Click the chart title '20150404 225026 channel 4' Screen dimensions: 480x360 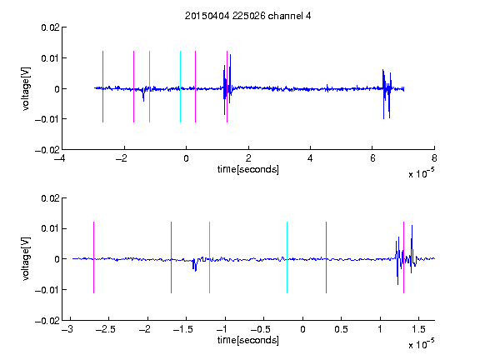(248, 16)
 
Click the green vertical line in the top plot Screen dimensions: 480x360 (149, 87)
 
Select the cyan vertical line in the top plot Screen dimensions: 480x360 (180, 87)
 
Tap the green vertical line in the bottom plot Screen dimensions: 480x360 (209, 257)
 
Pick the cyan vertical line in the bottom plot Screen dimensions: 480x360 (287, 257)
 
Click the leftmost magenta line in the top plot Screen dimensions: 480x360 (102, 87)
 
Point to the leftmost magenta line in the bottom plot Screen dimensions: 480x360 (93, 257)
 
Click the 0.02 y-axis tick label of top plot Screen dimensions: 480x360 (50, 27)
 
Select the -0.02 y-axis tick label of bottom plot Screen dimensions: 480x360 (47, 321)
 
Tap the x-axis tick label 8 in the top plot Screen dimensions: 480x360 (434, 158)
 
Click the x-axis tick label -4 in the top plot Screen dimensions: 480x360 (60, 158)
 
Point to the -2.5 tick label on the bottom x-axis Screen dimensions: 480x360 (105, 329)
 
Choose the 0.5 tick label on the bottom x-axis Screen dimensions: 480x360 (341, 329)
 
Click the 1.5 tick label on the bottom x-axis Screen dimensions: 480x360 (418, 329)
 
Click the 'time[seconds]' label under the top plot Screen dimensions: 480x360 (248, 169)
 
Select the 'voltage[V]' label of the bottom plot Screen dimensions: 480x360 (26, 258)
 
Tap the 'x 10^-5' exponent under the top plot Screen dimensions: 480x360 (421, 173)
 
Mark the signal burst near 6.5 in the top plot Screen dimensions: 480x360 (387, 94)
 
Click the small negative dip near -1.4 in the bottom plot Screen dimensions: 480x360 (195, 264)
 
